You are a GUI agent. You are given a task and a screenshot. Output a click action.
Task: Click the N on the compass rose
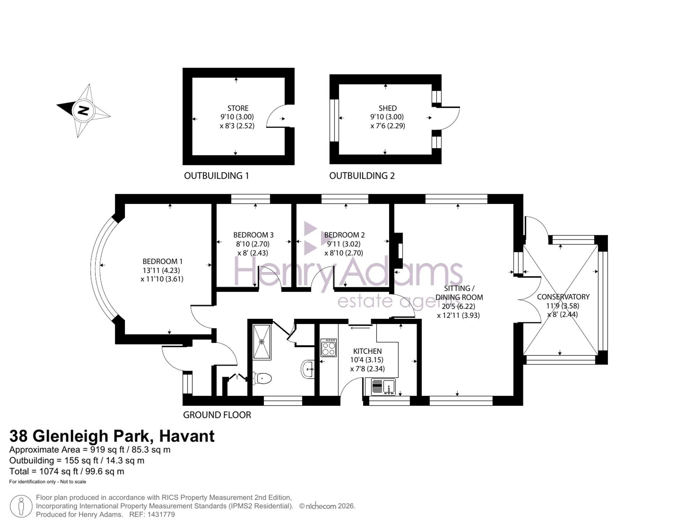(x=83, y=111)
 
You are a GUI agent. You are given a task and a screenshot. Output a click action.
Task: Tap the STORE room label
(x=238, y=108)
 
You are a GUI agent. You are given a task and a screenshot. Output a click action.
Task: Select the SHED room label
(x=388, y=108)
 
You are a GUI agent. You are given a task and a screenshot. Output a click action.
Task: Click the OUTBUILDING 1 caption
(x=216, y=176)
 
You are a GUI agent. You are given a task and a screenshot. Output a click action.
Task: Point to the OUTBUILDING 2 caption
(x=362, y=176)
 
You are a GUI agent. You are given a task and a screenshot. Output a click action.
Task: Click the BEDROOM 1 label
(x=162, y=261)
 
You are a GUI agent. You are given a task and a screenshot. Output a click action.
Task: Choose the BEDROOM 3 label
(x=253, y=235)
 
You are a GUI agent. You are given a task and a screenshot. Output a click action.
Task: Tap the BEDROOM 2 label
(x=344, y=235)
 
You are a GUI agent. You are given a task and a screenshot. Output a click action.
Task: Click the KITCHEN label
(x=367, y=351)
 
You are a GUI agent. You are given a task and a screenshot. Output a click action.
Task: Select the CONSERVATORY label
(x=563, y=297)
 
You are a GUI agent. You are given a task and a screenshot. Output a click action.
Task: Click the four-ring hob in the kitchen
(x=328, y=347)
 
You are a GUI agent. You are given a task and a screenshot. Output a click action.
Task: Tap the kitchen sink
(x=383, y=387)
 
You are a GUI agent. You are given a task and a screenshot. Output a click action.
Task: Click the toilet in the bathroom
(x=262, y=378)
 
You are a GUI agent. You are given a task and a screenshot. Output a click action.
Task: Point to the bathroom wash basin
(x=307, y=369)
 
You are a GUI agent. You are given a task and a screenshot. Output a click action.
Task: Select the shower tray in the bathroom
(x=262, y=342)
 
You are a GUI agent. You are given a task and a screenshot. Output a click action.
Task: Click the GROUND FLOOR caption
(x=217, y=415)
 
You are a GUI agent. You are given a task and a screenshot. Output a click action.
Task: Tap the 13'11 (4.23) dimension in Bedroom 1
(x=161, y=270)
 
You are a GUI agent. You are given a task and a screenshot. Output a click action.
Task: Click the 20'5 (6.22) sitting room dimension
(x=459, y=306)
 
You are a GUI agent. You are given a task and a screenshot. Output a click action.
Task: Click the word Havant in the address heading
(x=187, y=436)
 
